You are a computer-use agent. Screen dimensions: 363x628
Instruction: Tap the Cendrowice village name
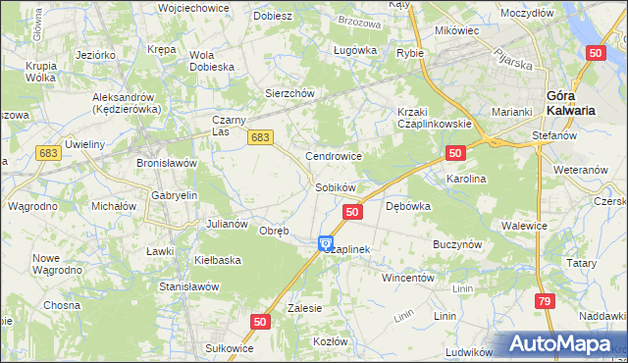[335, 156]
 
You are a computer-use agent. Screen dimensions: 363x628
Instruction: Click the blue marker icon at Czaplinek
[326, 243]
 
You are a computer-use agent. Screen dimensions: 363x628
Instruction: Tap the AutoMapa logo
[564, 344]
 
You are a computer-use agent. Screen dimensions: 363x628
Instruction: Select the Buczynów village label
[455, 241]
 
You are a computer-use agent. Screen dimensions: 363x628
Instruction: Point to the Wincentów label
[408, 278]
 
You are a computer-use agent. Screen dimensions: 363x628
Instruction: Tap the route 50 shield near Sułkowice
[260, 321]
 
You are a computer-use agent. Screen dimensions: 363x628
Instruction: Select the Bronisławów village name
[167, 162]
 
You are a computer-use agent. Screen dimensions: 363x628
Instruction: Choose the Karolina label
[467, 180]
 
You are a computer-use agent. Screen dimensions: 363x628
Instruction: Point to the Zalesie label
[305, 307]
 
